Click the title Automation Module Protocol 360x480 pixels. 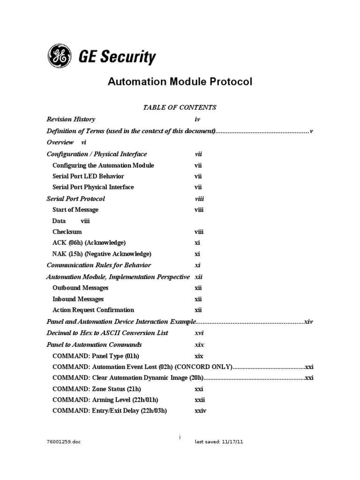coord(180,82)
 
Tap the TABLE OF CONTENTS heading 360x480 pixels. coord(180,107)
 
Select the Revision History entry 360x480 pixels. coord(71,119)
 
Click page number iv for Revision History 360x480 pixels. coord(197,119)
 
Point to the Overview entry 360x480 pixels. coord(60,142)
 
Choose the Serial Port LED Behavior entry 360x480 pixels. coord(88,176)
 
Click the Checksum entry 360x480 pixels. coord(67,232)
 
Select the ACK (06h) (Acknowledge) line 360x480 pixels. coord(89,243)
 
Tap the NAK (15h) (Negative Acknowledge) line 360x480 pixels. coord(102,254)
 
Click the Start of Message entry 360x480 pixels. coord(75,210)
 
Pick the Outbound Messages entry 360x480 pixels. coord(81,288)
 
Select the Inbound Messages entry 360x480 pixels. coord(78,299)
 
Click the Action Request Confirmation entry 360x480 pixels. coord(93,310)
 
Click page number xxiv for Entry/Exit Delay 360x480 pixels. coord(200,411)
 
